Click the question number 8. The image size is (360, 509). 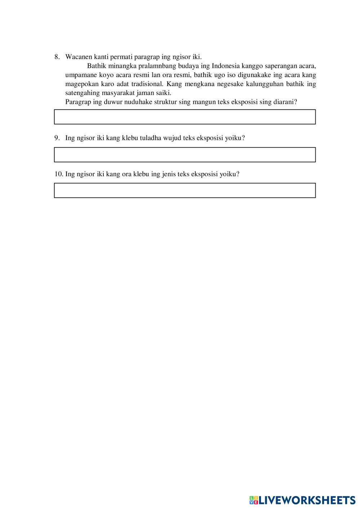pos(57,57)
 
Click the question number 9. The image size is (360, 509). pos(57,138)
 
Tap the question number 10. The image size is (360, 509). pos(58,174)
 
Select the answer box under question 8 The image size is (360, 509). pos(185,117)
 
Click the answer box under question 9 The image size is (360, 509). pos(185,155)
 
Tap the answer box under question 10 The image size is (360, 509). pos(185,190)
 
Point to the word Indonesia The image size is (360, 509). pos(226,66)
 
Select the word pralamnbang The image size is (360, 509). pos(157,66)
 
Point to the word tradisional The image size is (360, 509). pos(143,84)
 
